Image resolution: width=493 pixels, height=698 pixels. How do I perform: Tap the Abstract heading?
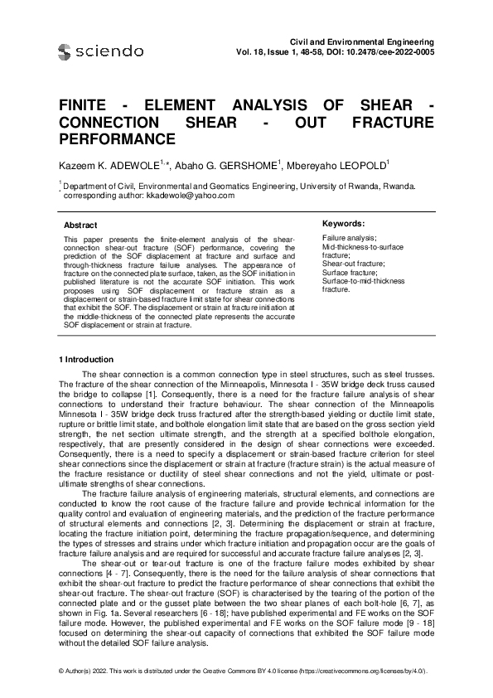(x=80, y=225)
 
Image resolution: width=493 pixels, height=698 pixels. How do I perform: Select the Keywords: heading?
(x=343, y=224)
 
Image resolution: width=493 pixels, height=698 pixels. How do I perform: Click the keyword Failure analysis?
(x=348, y=238)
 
